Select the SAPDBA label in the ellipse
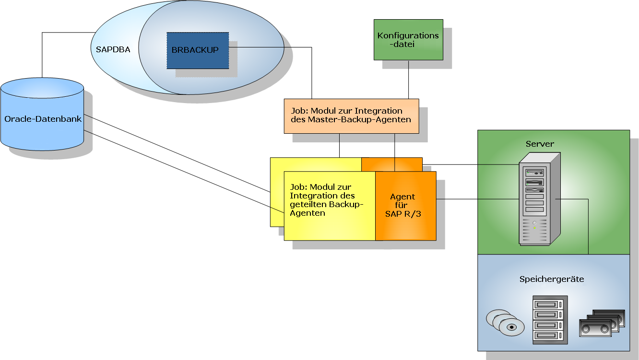(x=113, y=49)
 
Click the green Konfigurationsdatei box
(x=408, y=40)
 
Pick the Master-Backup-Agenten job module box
(x=351, y=116)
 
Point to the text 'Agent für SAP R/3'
(x=403, y=205)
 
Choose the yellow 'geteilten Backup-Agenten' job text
(x=327, y=200)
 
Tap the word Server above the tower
(x=540, y=144)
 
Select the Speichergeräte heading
(x=552, y=279)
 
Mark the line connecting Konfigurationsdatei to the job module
(x=408, y=79)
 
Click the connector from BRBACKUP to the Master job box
(x=312, y=72)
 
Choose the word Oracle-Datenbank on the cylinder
(x=43, y=119)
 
